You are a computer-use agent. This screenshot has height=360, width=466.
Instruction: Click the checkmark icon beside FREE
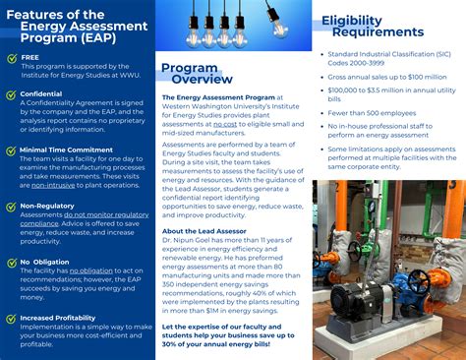[10, 57]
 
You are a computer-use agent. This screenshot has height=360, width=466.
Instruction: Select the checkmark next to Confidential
[10, 94]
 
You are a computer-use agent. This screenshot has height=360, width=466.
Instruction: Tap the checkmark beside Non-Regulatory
[10, 207]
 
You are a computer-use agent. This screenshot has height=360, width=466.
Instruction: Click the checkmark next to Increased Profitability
[10, 319]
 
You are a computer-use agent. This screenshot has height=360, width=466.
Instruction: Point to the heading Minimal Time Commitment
[66, 150]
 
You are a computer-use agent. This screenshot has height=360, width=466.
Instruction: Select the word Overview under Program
[203, 79]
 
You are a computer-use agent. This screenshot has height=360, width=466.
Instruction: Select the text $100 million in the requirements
[424, 76]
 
